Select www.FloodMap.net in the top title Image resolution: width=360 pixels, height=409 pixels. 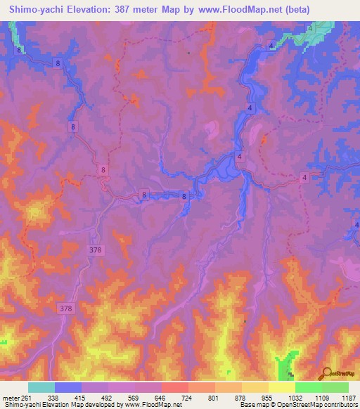229,11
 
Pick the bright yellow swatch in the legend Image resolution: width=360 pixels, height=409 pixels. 281,387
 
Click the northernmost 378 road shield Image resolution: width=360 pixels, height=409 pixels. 96,249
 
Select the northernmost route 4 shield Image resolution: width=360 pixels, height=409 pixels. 309,27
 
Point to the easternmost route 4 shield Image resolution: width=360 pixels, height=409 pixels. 304,178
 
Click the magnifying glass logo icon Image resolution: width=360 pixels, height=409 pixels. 325,372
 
